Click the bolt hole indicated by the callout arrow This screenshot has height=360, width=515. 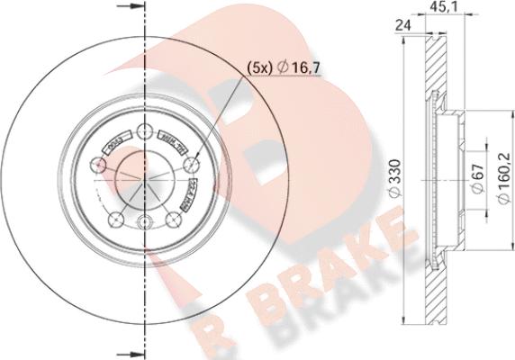pos(191,166)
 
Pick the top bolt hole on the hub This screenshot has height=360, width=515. pos(146,131)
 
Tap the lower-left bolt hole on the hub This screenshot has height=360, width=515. pos(114,220)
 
